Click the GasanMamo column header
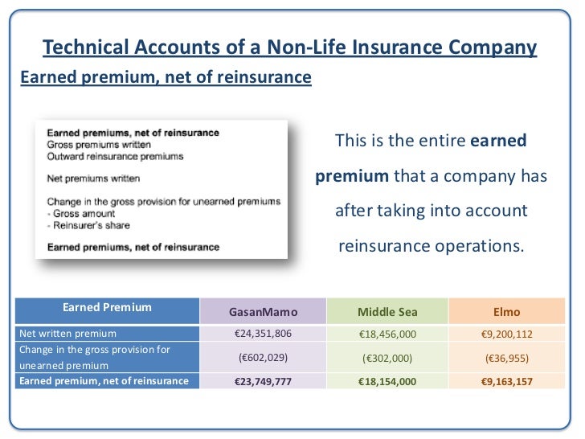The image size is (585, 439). point(263,311)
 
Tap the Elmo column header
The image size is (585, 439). point(507,311)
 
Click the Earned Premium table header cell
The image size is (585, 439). point(107,307)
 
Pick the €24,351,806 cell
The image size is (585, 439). point(263,333)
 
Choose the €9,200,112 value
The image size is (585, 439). point(507,333)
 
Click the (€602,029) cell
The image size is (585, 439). point(263,357)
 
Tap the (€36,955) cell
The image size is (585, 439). point(507,357)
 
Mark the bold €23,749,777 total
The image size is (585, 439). point(263,381)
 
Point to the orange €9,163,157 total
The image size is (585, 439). point(507,381)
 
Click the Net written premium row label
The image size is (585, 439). point(68,333)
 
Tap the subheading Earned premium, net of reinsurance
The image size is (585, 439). point(164,78)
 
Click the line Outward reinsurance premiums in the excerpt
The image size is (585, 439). point(115,156)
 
